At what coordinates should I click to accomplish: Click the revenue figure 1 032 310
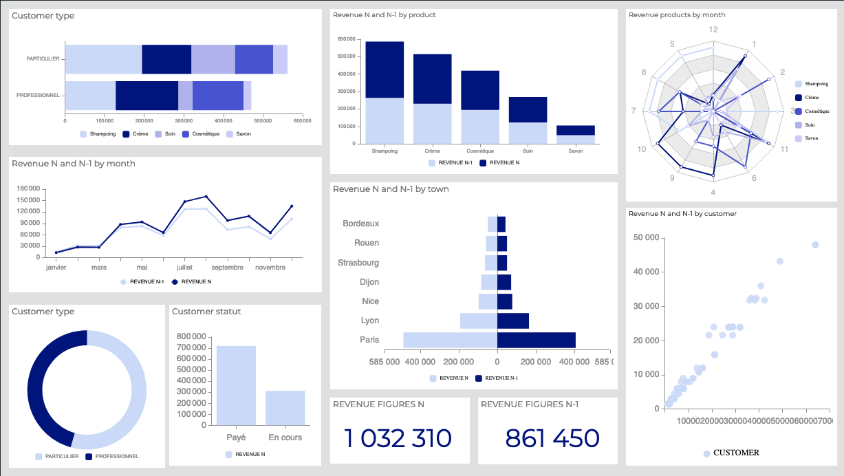tap(398, 438)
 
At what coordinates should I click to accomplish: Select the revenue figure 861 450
tap(552, 438)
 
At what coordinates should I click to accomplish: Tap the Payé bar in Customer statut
tap(236, 385)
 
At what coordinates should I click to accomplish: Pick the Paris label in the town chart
tap(369, 340)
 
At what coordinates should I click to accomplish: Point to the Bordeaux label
tap(361, 224)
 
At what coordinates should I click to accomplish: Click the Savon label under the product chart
tap(576, 151)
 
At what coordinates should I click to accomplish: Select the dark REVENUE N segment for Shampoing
tap(385, 69)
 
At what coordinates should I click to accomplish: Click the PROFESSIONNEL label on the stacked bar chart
tap(38, 95)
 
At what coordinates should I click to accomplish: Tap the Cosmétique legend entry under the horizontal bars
tap(205, 134)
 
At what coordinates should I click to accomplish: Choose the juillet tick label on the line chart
tap(184, 267)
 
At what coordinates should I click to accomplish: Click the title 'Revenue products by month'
tap(677, 14)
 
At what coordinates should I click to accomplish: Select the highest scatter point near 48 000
tap(815, 245)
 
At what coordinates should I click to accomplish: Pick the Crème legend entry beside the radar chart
tap(812, 98)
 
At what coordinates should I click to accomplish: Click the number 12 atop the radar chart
tap(713, 30)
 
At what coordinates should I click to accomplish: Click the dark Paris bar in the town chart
tap(537, 340)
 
